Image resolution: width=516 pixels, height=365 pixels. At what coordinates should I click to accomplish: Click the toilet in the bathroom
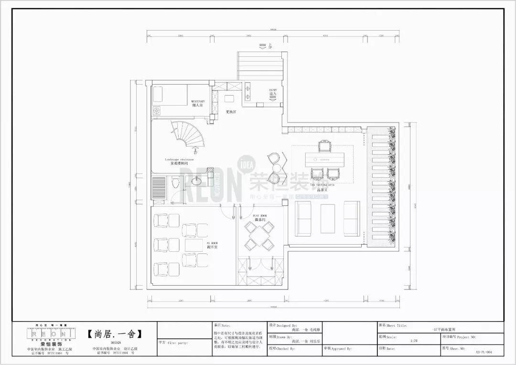[175, 183]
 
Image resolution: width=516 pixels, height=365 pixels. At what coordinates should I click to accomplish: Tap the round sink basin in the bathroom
[196, 181]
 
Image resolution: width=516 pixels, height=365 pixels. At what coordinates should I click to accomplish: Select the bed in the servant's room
[170, 95]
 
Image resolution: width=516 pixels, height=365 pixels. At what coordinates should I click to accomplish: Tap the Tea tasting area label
[322, 184]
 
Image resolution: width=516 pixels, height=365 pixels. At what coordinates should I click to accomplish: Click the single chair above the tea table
[325, 145]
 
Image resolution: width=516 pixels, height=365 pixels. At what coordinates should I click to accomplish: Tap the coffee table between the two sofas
[328, 219]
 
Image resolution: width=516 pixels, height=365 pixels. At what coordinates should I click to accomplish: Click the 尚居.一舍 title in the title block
[115, 333]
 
